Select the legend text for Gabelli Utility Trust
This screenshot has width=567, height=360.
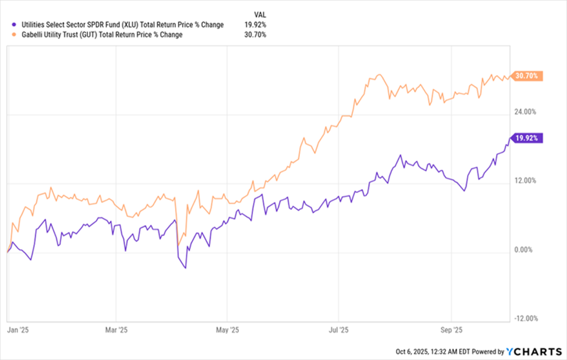[100, 35]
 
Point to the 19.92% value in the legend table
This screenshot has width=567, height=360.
[255, 25]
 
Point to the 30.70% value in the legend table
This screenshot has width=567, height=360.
[255, 35]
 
